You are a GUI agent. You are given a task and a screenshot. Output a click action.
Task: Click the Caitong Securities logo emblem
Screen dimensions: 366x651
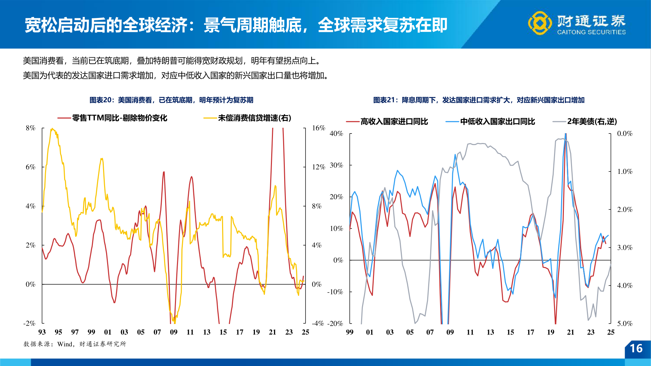pyautogui.click(x=540, y=23)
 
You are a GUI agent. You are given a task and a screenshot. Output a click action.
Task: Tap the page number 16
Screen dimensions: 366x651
pyautogui.click(x=636, y=348)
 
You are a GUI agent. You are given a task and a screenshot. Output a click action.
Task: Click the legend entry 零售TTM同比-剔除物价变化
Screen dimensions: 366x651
pyautogui.click(x=119, y=118)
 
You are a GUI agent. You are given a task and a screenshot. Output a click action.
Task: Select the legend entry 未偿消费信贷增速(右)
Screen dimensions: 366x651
pyautogui.click(x=254, y=118)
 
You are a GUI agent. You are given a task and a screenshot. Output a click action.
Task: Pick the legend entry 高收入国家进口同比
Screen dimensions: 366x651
pyautogui.click(x=394, y=121)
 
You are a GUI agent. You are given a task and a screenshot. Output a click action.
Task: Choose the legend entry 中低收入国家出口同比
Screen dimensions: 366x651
pyautogui.click(x=497, y=121)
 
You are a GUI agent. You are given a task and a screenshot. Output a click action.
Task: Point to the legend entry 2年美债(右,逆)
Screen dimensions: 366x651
pyautogui.click(x=592, y=121)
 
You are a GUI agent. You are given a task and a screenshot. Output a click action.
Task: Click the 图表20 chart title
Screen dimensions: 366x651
pyautogui.click(x=171, y=100)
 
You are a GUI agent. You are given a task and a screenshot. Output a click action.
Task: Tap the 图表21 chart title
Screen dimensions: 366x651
pyautogui.click(x=479, y=100)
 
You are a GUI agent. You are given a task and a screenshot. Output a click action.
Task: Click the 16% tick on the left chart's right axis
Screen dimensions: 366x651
pyautogui.click(x=318, y=128)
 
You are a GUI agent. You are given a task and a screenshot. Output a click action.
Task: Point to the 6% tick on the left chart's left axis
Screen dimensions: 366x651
pyautogui.click(x=31, y=167)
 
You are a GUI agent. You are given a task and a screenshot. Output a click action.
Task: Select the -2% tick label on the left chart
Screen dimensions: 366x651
pyautogui.click(x=29, y=323)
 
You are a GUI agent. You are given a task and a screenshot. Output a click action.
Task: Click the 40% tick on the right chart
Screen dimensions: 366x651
pyautogui.click(x=336, y=134)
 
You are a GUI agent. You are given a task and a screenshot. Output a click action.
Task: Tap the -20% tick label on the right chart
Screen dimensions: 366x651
pyautogui.click(x=335, y=323)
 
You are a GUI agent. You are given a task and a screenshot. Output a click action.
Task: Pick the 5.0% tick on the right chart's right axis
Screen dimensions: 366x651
pyautogui.click(x=625, y=323)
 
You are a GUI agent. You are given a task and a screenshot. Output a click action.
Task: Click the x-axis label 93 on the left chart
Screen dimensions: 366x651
pyautogui.click(x=42, y=332)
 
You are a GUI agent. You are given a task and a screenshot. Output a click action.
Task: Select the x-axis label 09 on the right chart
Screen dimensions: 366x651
pyautogui.click(x=450, y=332)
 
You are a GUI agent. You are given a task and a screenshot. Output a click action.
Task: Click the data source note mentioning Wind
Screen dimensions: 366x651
pyautogui.click(x=75, y=344)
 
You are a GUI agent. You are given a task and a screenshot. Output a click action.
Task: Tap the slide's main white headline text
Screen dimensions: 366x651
pyautogui.click(x=236, y=25)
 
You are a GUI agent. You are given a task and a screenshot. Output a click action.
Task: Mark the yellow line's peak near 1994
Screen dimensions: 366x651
pyautogui.click(x=52, y=129)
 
